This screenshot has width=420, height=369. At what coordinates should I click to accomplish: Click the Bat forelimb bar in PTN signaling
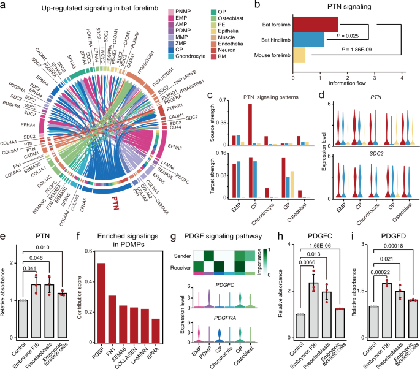(316, 23)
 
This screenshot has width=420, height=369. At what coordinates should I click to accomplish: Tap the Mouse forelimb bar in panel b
(299, 55)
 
